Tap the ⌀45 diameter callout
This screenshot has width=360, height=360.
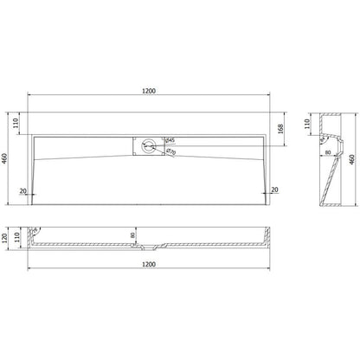170,140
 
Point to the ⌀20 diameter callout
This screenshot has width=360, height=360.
171,151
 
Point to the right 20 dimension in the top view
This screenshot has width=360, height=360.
275,190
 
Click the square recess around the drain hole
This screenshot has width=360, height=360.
141,144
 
